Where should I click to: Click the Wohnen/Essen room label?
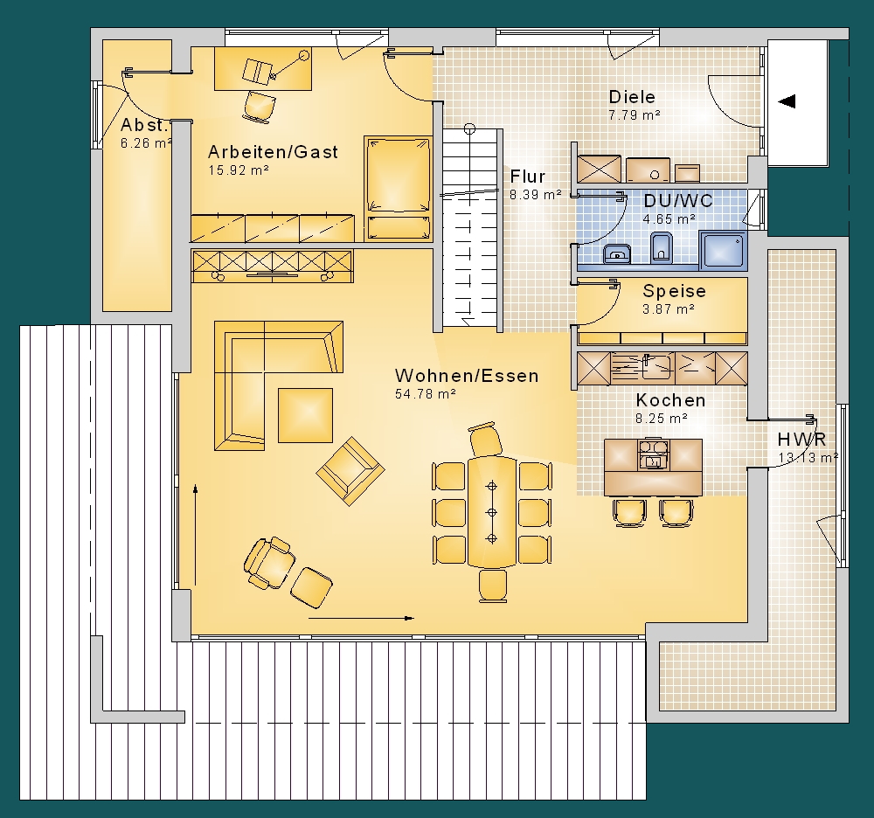467,376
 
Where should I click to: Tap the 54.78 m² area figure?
426,394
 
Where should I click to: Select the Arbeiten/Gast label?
273,152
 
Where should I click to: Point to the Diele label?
632,97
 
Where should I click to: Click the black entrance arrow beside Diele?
787,101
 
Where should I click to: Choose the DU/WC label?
678,201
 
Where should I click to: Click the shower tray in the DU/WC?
723,248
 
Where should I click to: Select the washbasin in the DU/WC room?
618,254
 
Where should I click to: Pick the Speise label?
674,291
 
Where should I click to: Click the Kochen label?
670,400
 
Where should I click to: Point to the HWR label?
801,439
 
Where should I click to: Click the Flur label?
527,177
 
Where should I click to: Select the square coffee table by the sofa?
305,415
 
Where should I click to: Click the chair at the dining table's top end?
485,439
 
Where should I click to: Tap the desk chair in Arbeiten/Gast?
260,106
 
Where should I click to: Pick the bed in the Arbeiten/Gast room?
398,189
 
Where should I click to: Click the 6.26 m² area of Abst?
146,143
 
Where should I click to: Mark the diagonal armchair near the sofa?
350,471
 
